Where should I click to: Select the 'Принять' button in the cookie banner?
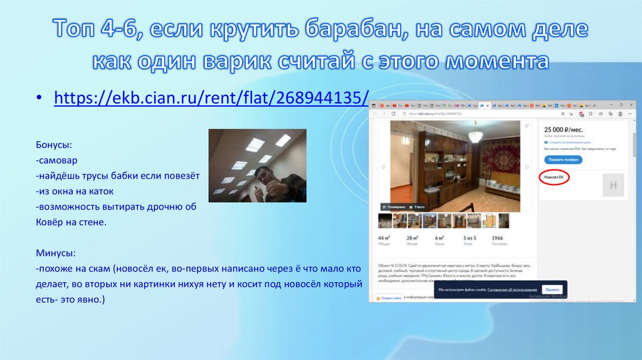(552, 290)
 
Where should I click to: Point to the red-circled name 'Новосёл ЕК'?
(554, 178)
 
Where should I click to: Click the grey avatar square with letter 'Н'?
(613, 186)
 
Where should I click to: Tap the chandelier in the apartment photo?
(476, 133)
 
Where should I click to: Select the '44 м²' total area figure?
(384, 238)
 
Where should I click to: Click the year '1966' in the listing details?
(498, 238)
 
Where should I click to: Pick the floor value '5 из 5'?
(470, 238)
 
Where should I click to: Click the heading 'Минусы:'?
(56, 253)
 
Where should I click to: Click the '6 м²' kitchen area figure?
(441, 238)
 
